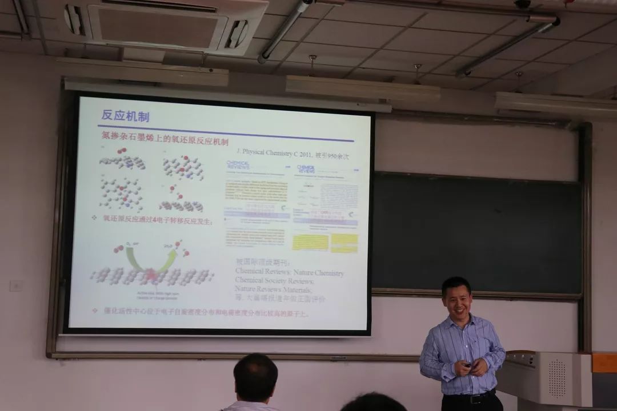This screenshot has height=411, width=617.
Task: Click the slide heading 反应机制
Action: pyautogui.click(x=125, y=116)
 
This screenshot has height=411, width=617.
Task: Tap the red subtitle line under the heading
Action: pyautogui.click(x=165, y=142)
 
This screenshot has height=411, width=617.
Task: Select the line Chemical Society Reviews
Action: pyautogui.click(x=275, y=281)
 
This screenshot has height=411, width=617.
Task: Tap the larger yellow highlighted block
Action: pyautogui.click(x=310, y=242)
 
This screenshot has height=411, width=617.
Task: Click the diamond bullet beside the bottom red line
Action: pyautogui.click(x=95, y=311)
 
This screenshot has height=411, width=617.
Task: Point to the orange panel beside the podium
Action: pyautogui.click(x=604, y=363)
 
